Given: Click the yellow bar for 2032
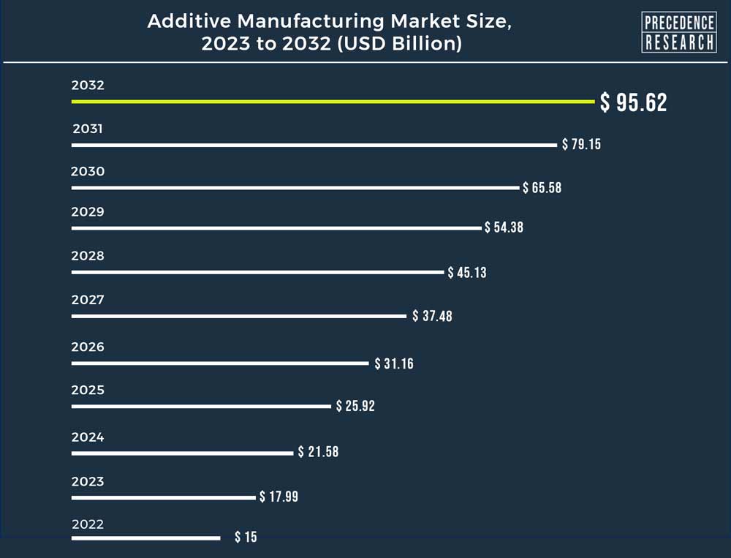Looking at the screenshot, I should (x=333, y=102).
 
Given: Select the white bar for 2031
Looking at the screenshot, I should (x=314, y=145).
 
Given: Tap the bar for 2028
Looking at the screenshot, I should (x=257, y=272).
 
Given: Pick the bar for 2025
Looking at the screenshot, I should (x=201, y=406).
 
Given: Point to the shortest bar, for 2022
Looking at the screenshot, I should (x=145, y=538).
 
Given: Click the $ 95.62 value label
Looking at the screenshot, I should (x=634, y=102).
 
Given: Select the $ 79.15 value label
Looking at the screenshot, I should (x=581, y=144).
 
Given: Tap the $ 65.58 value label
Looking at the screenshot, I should (x=542, y=188).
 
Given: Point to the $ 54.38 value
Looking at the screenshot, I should (x=504, y=227).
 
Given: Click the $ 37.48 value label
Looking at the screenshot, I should (x=432, y=316).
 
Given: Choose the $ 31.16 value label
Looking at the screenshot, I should (x=394, y=363).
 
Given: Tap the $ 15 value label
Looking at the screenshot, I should (x=246, y=538).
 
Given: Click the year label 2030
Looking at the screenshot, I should (x=88, y=172).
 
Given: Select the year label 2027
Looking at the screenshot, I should (x=88, y=300).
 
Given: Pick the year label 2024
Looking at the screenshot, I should (x=88, y=437).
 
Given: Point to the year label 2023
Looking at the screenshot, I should (x=88, y=481).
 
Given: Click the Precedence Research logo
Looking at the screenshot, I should (x=678, y=32).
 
